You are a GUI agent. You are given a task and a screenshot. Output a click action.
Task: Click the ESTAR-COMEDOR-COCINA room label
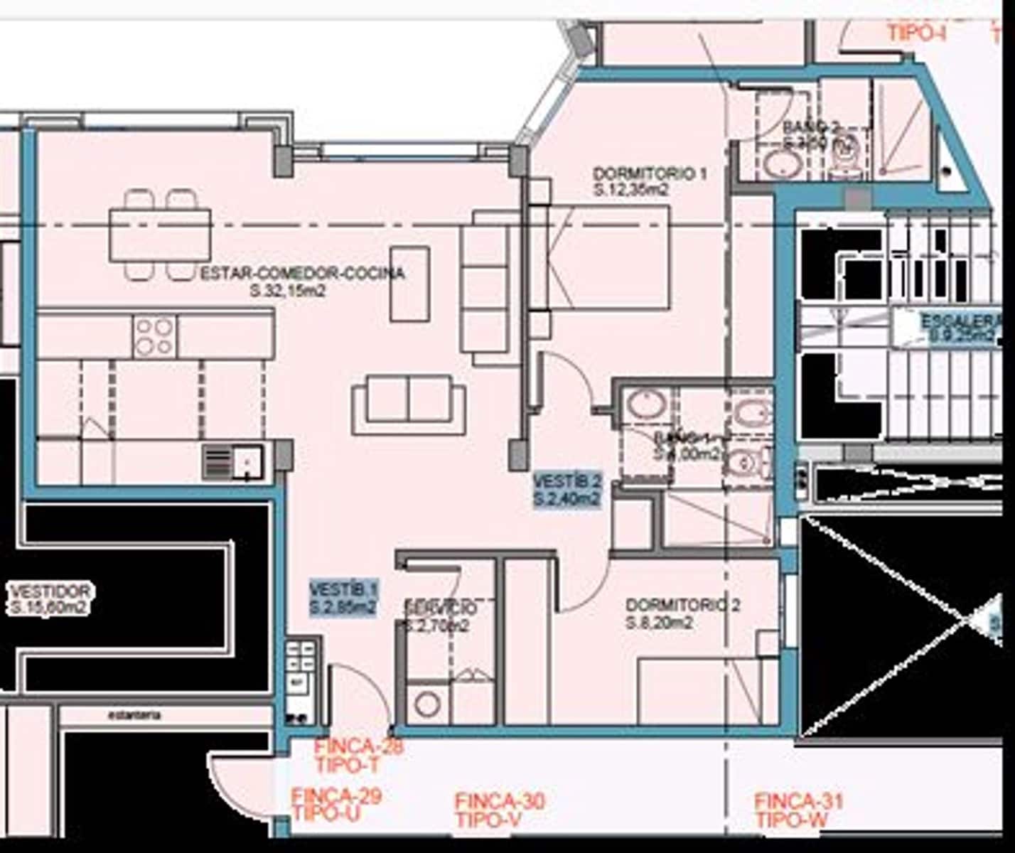point(303,274)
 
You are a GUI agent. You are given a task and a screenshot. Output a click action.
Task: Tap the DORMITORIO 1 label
point(650,173)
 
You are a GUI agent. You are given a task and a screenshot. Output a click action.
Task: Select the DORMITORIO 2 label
point(682,605)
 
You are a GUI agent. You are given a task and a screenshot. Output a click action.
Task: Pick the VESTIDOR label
point(50,591)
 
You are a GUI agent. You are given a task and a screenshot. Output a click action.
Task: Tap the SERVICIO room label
point(440,608)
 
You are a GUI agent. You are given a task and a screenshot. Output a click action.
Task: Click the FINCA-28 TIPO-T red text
point(358,755)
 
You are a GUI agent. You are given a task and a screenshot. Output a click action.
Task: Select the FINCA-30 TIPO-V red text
point(499,810)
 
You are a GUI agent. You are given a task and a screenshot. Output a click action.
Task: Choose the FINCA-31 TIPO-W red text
point(798,810)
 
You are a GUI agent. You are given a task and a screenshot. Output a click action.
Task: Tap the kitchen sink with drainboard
point(233,461)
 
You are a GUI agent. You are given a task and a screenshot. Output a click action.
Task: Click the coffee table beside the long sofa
point(409,284)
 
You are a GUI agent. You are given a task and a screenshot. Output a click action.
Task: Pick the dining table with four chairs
point(160,235)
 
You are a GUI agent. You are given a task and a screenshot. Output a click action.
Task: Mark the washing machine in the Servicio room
point(428,704)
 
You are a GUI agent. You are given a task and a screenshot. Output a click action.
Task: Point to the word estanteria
point(134,714)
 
